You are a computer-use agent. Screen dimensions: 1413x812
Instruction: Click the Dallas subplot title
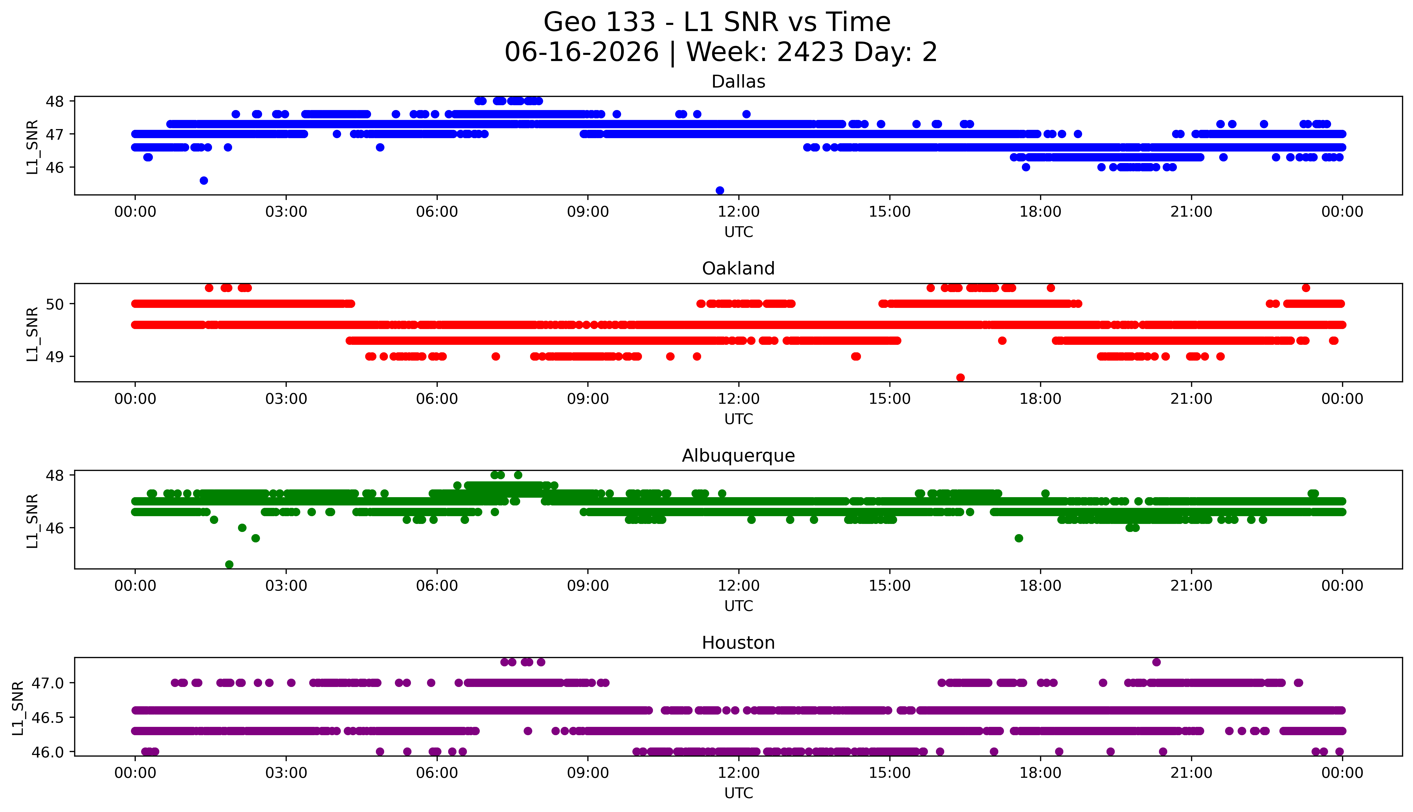click(x=738, y=82)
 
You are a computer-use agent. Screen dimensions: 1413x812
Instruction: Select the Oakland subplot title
click(x=738, y=269)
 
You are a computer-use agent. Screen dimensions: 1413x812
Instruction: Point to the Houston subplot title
click(x=738, y=643)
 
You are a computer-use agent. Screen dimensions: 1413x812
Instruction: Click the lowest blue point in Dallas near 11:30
click(x=720, y=191)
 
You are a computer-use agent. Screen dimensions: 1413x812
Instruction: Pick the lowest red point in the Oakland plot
click(x=960, y=377)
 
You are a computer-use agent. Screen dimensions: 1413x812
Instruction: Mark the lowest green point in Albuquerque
click(x=229, y=564)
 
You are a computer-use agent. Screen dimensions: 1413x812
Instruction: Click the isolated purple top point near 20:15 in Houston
click(x=1157, y=662)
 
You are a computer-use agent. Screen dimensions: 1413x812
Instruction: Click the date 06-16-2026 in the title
click(x=581, y=52)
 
